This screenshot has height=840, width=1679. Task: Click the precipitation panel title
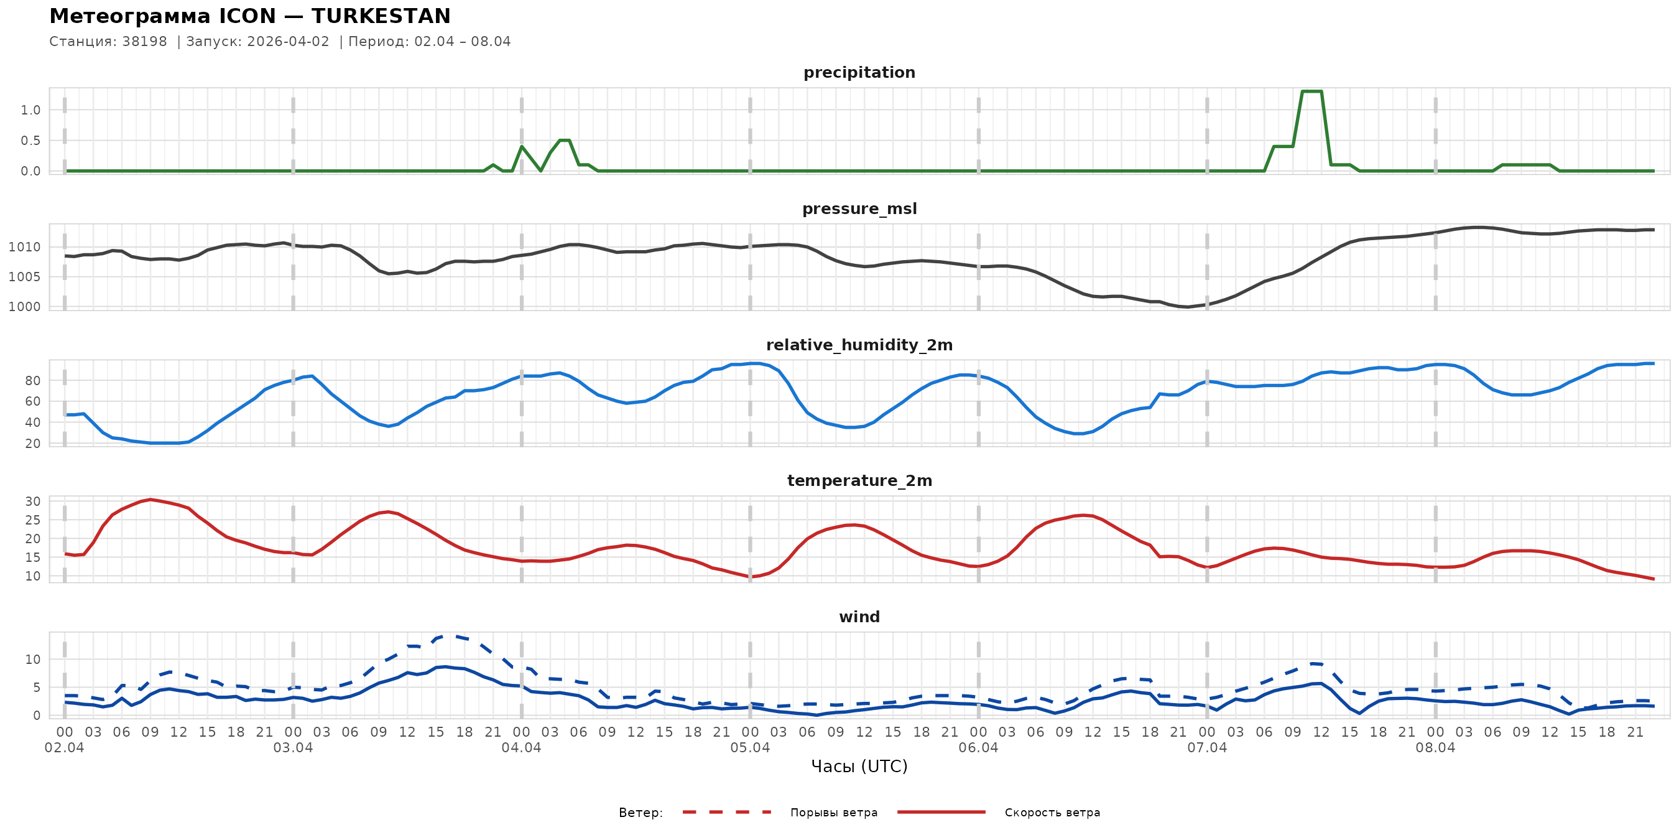[x=859, y=72]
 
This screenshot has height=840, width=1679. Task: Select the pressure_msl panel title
[x=859, y=208]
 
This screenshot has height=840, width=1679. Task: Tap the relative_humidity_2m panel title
[x=859, y=345]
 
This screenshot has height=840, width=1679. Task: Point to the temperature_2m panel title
[x=859, y=480]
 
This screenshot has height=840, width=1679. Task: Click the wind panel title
[x=859, y=617]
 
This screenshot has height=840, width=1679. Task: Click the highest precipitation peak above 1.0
[x=1311, y=91]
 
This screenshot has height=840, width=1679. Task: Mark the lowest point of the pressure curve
[x=1188, y=307]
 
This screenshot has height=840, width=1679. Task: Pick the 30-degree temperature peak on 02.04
[x=150, y=500]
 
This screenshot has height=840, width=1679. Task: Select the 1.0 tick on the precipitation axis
[x=30, y=110]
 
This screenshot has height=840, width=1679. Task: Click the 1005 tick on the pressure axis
[x=24, y=277]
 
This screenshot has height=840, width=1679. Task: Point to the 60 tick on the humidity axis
[x=32, y=402]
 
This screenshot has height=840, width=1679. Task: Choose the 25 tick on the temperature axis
[x=32, y=520]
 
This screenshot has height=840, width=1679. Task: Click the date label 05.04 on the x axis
[x=749, y=748]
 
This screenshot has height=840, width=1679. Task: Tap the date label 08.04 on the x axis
[x=1435, y=748]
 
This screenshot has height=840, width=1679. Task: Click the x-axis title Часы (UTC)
[x=859, y=767]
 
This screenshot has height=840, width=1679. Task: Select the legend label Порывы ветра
[x=834, y=813]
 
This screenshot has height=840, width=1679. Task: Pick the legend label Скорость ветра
[x=1052, y=813]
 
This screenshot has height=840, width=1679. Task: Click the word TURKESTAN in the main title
[x=381, y=16]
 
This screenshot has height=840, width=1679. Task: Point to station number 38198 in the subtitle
[x=145, y=42]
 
